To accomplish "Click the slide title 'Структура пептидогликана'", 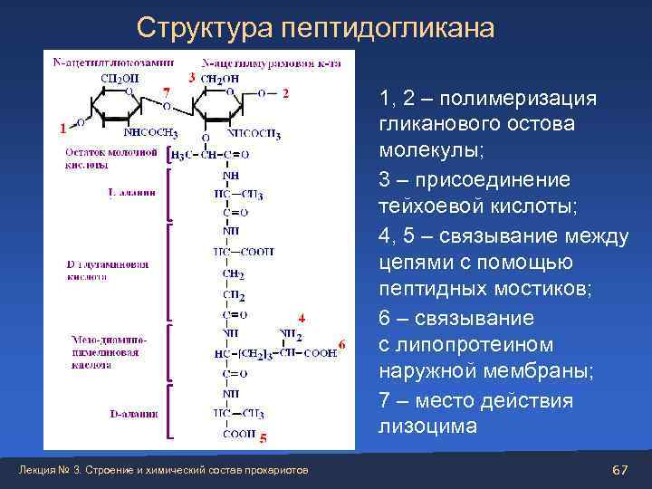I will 315,28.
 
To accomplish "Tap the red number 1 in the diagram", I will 62,129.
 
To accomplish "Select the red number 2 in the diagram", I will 286,92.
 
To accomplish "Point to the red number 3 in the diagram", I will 191,78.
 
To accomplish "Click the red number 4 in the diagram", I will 302,318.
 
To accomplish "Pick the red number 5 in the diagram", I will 263,439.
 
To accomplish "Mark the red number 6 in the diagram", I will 341,344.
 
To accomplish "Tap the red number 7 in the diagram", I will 165,92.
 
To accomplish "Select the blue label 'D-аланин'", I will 133,414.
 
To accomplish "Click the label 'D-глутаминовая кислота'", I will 107,270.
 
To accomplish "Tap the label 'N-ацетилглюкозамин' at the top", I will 113,62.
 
